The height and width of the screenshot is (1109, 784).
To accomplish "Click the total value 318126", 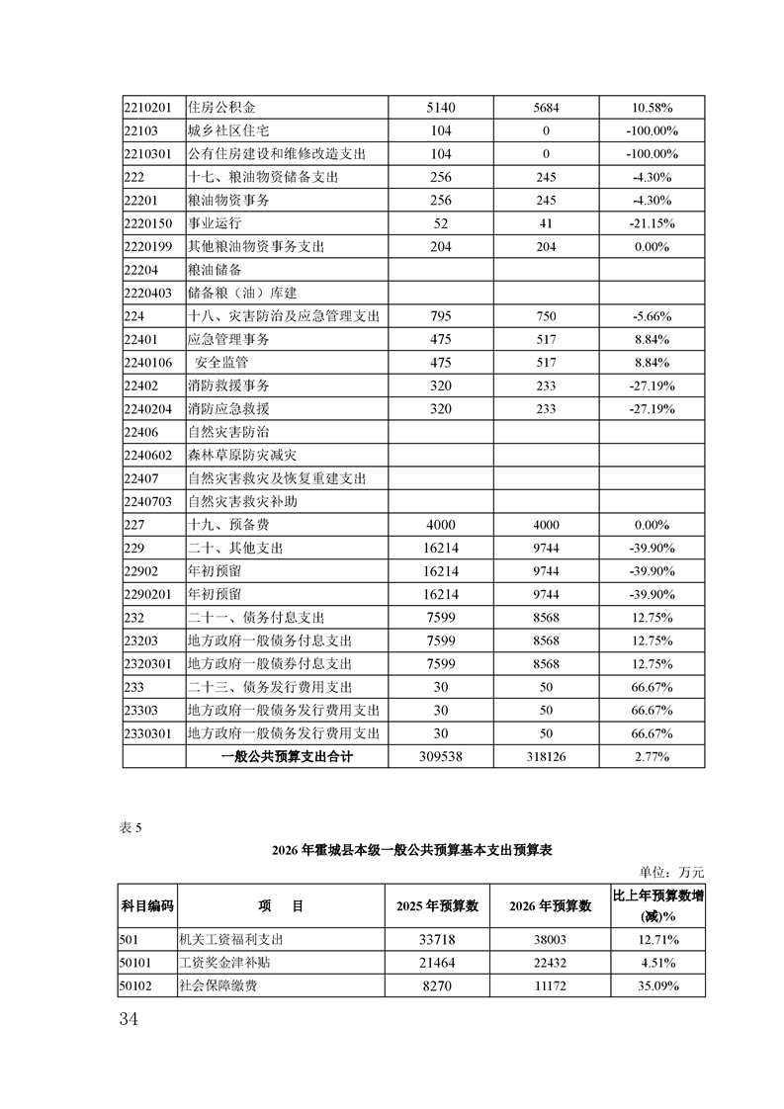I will pos(546,757).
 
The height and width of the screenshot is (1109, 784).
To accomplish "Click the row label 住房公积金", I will pos(222,108).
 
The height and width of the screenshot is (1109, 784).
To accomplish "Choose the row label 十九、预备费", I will pos(228,526).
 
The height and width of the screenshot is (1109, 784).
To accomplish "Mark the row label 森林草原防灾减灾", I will pos(241,456).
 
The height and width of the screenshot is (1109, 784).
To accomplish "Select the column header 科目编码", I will pos(147,905).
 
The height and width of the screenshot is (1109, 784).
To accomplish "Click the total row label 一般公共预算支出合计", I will pos(287,757).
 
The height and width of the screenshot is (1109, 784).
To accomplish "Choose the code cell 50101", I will pos(138,963).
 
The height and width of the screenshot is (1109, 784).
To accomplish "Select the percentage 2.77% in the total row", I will pos(650,757).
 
